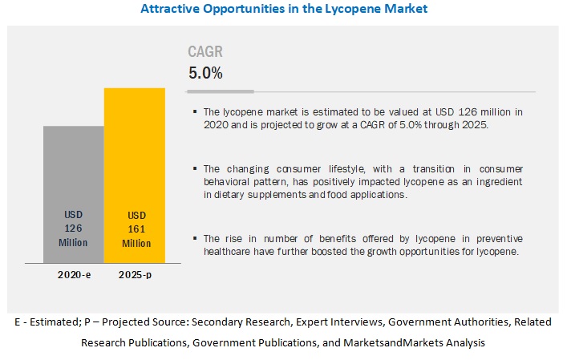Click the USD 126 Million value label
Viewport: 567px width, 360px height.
(x=73, y=228)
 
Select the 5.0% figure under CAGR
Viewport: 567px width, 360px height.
(x=205, y=73)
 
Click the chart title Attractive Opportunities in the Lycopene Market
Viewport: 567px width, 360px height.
(x=284, y=10)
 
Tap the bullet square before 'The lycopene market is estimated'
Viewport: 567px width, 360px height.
(x=195, y=112)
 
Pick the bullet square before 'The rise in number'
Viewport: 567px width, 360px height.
(x=195, y=240)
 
